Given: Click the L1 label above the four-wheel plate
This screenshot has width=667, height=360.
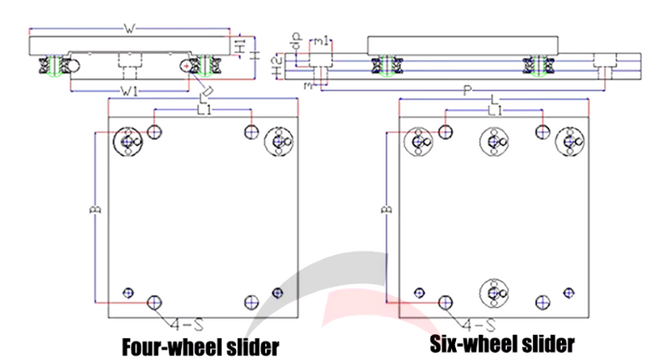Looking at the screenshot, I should pyautogui.click(x=203, y=109).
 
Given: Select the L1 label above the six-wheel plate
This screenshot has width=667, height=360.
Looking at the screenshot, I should pyautogui.click(x=494, y=109).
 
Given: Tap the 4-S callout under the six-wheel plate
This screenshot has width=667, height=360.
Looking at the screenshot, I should pyautogui.click(x=478, y=321).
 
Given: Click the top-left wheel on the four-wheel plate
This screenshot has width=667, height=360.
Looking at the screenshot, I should pyautogui.click(x=128, y=142).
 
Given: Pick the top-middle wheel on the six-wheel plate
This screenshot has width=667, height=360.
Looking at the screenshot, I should pyautogui.click(x=494, y=142).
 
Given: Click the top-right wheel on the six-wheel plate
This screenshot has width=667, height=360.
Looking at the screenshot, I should pyautogui.click(x=570, y=142).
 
